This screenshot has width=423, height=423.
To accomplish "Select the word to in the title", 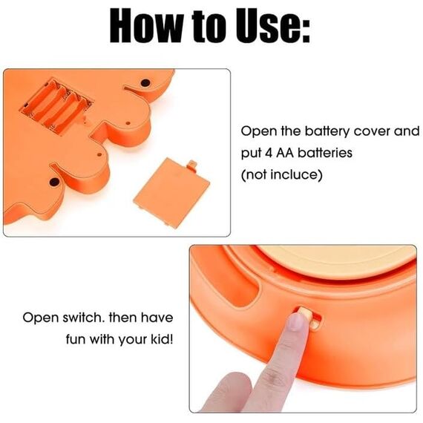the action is tap(209, 27).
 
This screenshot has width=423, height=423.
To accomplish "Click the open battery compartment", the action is tap(56, 106).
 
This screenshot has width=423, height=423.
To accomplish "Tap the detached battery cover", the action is tap(171, 193).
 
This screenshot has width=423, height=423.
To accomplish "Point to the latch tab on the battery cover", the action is tap(191, 165).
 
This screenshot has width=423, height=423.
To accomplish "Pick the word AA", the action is tap(285, 153).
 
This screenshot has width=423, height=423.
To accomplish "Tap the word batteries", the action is tap(325, 153).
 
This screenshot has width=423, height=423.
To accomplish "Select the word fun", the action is tap(76, 339).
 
